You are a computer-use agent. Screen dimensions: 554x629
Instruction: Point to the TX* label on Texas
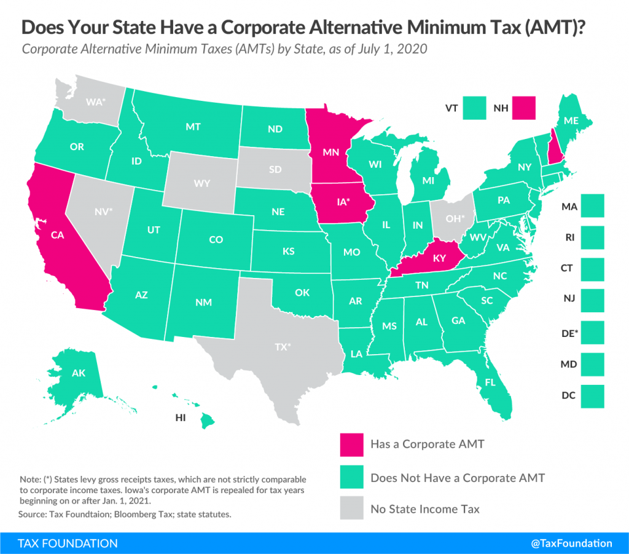click(x=282, y=346)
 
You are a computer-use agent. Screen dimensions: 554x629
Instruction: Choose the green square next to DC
click(x=592, y=396)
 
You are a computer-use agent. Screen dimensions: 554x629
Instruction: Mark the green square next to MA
click(x=592, y=205)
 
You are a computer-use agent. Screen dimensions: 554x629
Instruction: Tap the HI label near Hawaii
click(x=181, y=417)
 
